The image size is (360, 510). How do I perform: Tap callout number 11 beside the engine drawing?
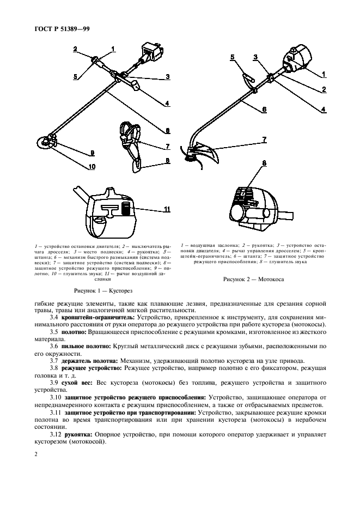point(167,208)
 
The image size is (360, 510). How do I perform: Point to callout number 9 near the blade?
point(92,153)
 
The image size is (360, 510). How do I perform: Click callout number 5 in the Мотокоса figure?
point(231,57)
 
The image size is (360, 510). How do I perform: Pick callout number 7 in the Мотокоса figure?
point(265,139)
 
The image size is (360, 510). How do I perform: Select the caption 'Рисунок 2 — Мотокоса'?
point(253,279)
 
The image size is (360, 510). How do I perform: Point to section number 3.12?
point(57,434)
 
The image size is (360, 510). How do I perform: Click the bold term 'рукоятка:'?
point(80,434)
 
